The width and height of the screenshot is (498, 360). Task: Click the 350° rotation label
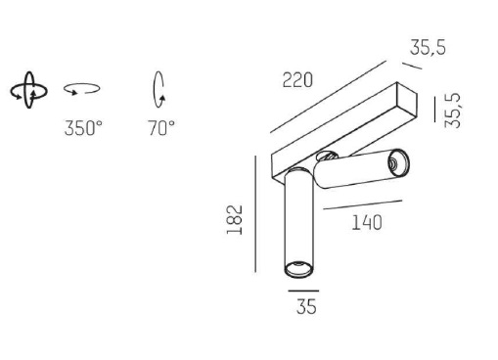pyautogui.click(x=83, y=128)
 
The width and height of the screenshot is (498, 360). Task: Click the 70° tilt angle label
pyautogui.click(x=161, y=128)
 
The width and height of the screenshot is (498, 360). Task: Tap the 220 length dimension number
pyautogui.click(x=297, y=80)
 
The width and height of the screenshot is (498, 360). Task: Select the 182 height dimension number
pyautogui.click(x=235, y=220)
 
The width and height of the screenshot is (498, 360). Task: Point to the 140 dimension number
pyautogui.click(x=367, y=223)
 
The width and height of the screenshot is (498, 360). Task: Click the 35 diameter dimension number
pyautogui.click(x=306, y=306)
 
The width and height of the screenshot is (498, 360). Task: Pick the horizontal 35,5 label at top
pyautogui.click(x=428, y=47)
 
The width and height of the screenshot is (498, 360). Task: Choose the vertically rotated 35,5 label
pyautogui.click(x=453, y=111)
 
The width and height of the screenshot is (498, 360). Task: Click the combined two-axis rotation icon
pyautogui.click(x=29, y=90)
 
